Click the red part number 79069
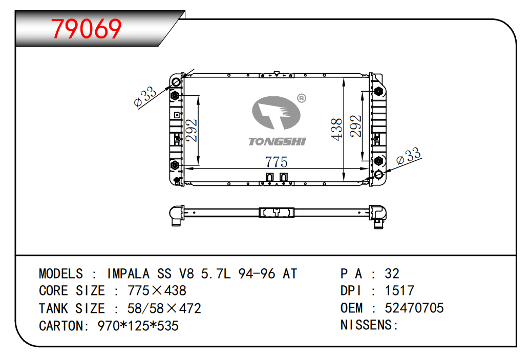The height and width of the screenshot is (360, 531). [x=86, y=29]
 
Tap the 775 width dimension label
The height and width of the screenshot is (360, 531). [x=276, y=162]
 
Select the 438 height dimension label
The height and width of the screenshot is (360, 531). [x=337, y=129]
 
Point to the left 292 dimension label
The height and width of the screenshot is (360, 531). [x=192, y=130]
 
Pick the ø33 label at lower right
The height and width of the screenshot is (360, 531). [x=409, y=156]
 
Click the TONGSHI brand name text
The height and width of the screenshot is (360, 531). [x=277, y=141]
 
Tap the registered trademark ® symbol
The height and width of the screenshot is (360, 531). [x=302, y=98]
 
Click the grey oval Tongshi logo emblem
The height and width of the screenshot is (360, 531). [x=276, y=113]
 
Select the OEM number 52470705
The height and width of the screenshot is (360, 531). [x=414, y=308]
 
